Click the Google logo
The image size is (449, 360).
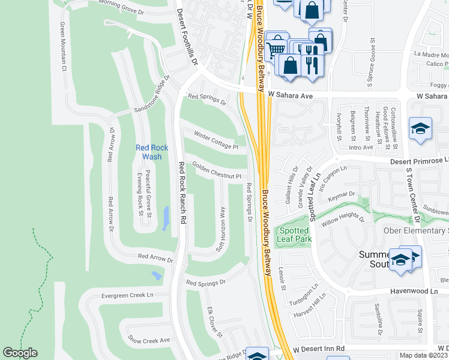(x=20, y=353)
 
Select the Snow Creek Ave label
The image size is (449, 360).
(x=148, y=340)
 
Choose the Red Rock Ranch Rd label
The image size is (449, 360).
(x=179, y=193)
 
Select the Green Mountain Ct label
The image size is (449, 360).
(x=62, y=46)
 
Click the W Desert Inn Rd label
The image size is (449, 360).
(x=319, y=349)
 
